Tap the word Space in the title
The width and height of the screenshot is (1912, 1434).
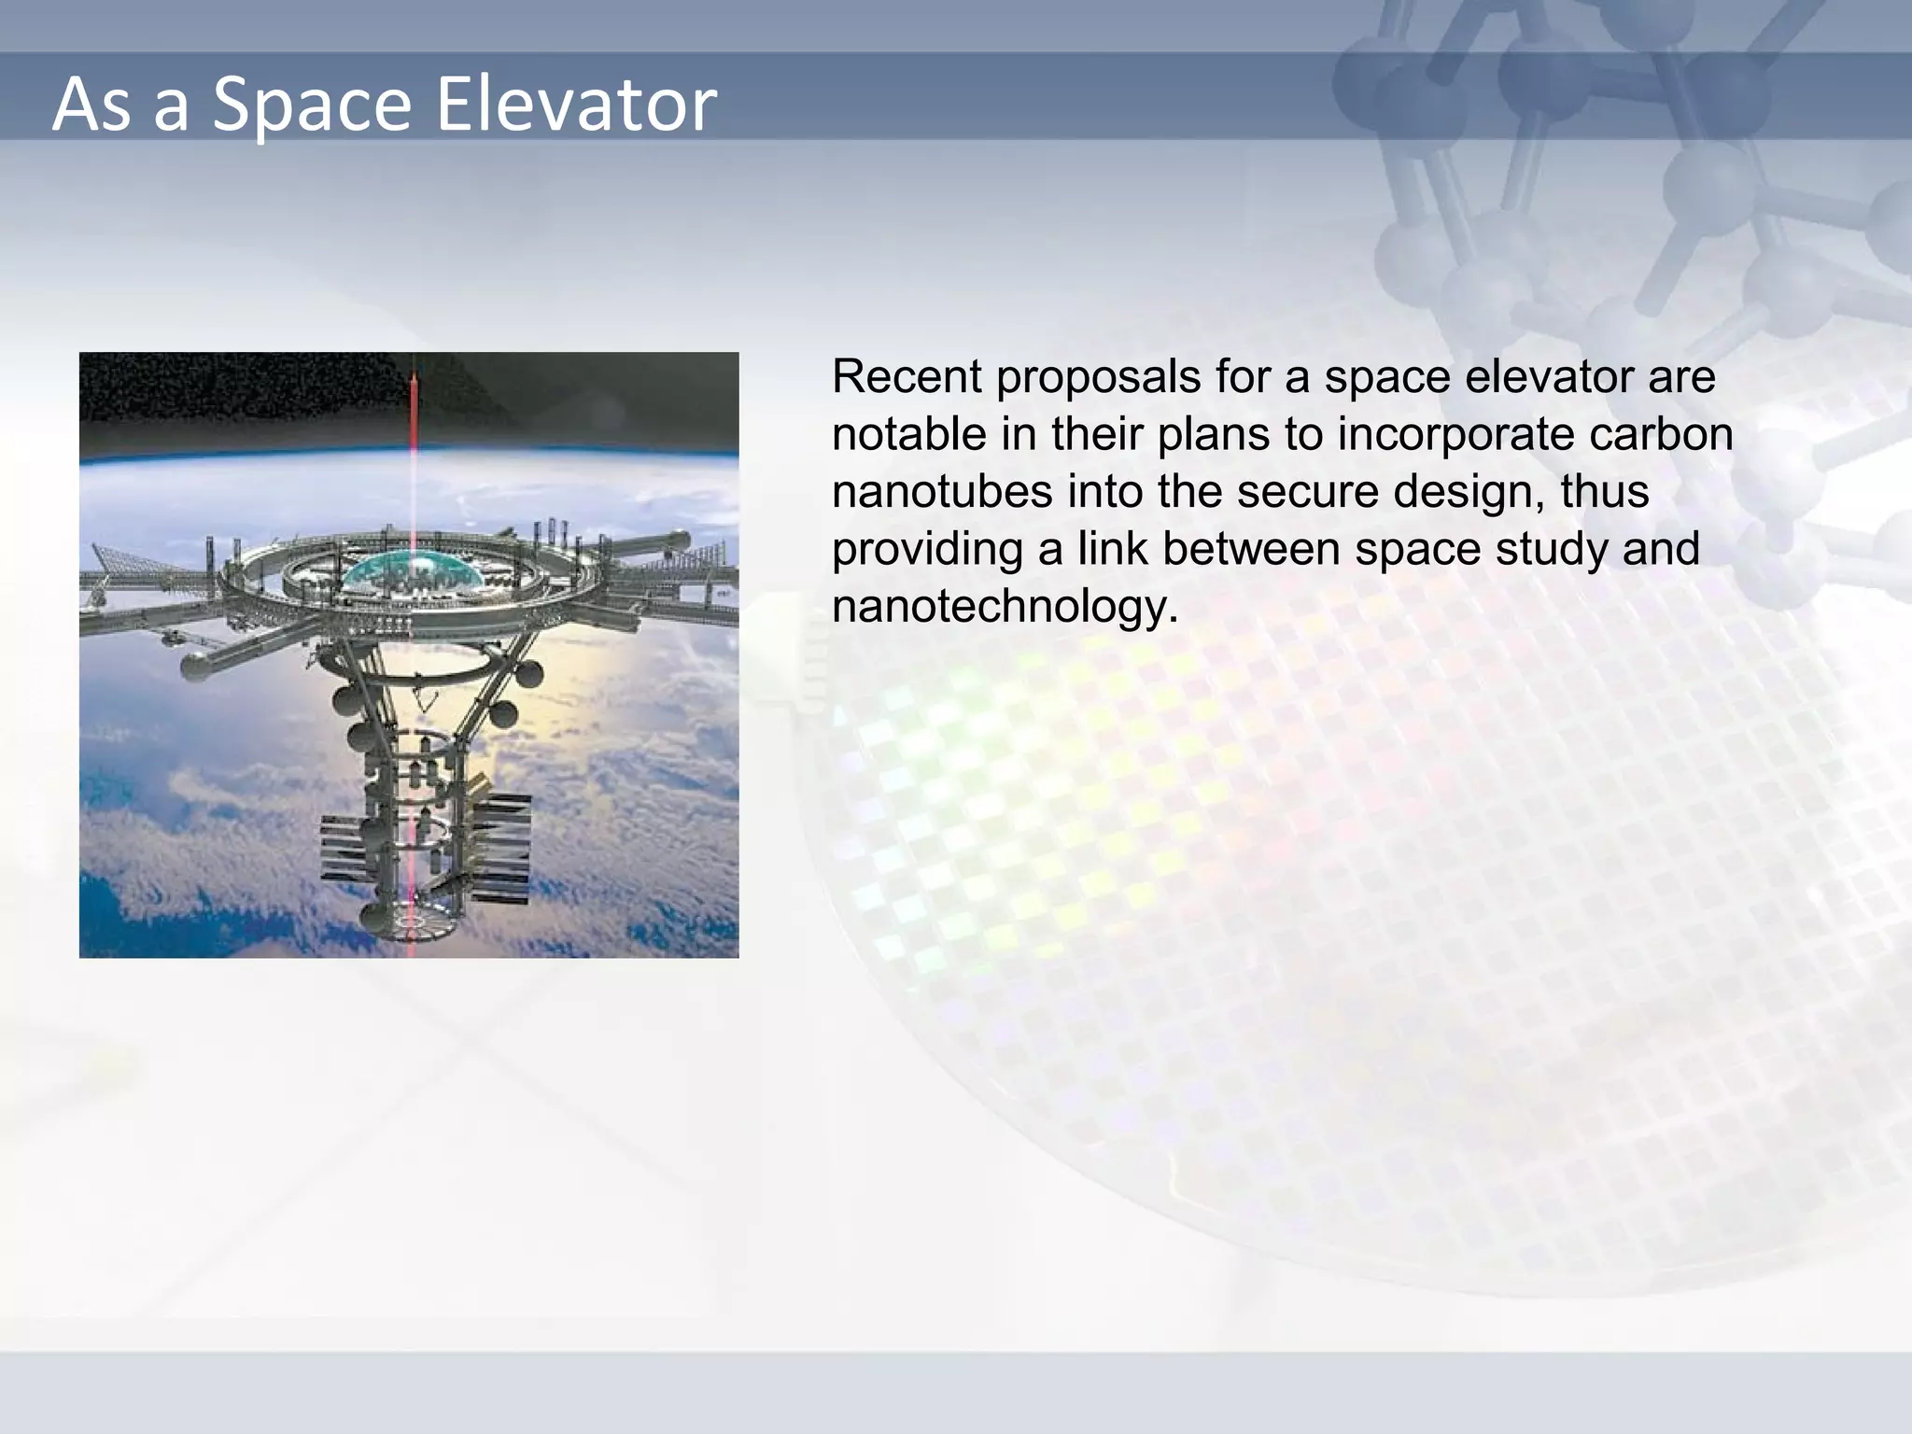pyautogui.click(x=312, y=105)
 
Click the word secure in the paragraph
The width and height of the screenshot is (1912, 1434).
pyautogui.click(x=1307, y=491)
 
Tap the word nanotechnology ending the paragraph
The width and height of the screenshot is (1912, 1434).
pyautogui.click(x=1005, y=607)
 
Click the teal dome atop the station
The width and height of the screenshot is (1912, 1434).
pyautogui.click(x=412, y=571)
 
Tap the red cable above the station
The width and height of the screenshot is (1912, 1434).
pyautogui.click(x=413, y=439)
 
